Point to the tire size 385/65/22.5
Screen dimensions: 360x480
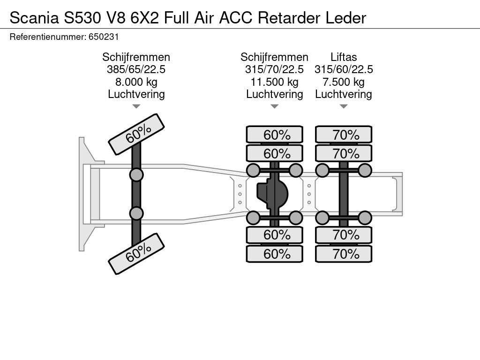136,69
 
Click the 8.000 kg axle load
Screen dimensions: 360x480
136,82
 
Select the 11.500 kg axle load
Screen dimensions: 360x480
274,82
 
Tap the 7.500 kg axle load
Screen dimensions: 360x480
344,82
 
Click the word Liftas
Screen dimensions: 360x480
344,57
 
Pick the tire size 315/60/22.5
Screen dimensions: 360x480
344,69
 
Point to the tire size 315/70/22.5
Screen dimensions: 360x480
274,69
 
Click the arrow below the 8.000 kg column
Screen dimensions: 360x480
136,106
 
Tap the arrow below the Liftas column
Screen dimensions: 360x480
344,106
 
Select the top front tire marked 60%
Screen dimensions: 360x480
136,134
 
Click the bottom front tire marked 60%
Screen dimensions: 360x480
136,255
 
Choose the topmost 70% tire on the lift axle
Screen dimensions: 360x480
344,135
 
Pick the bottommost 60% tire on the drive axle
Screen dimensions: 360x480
275,254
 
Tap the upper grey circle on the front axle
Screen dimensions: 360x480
136,175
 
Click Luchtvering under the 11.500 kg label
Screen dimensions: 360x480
274,94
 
